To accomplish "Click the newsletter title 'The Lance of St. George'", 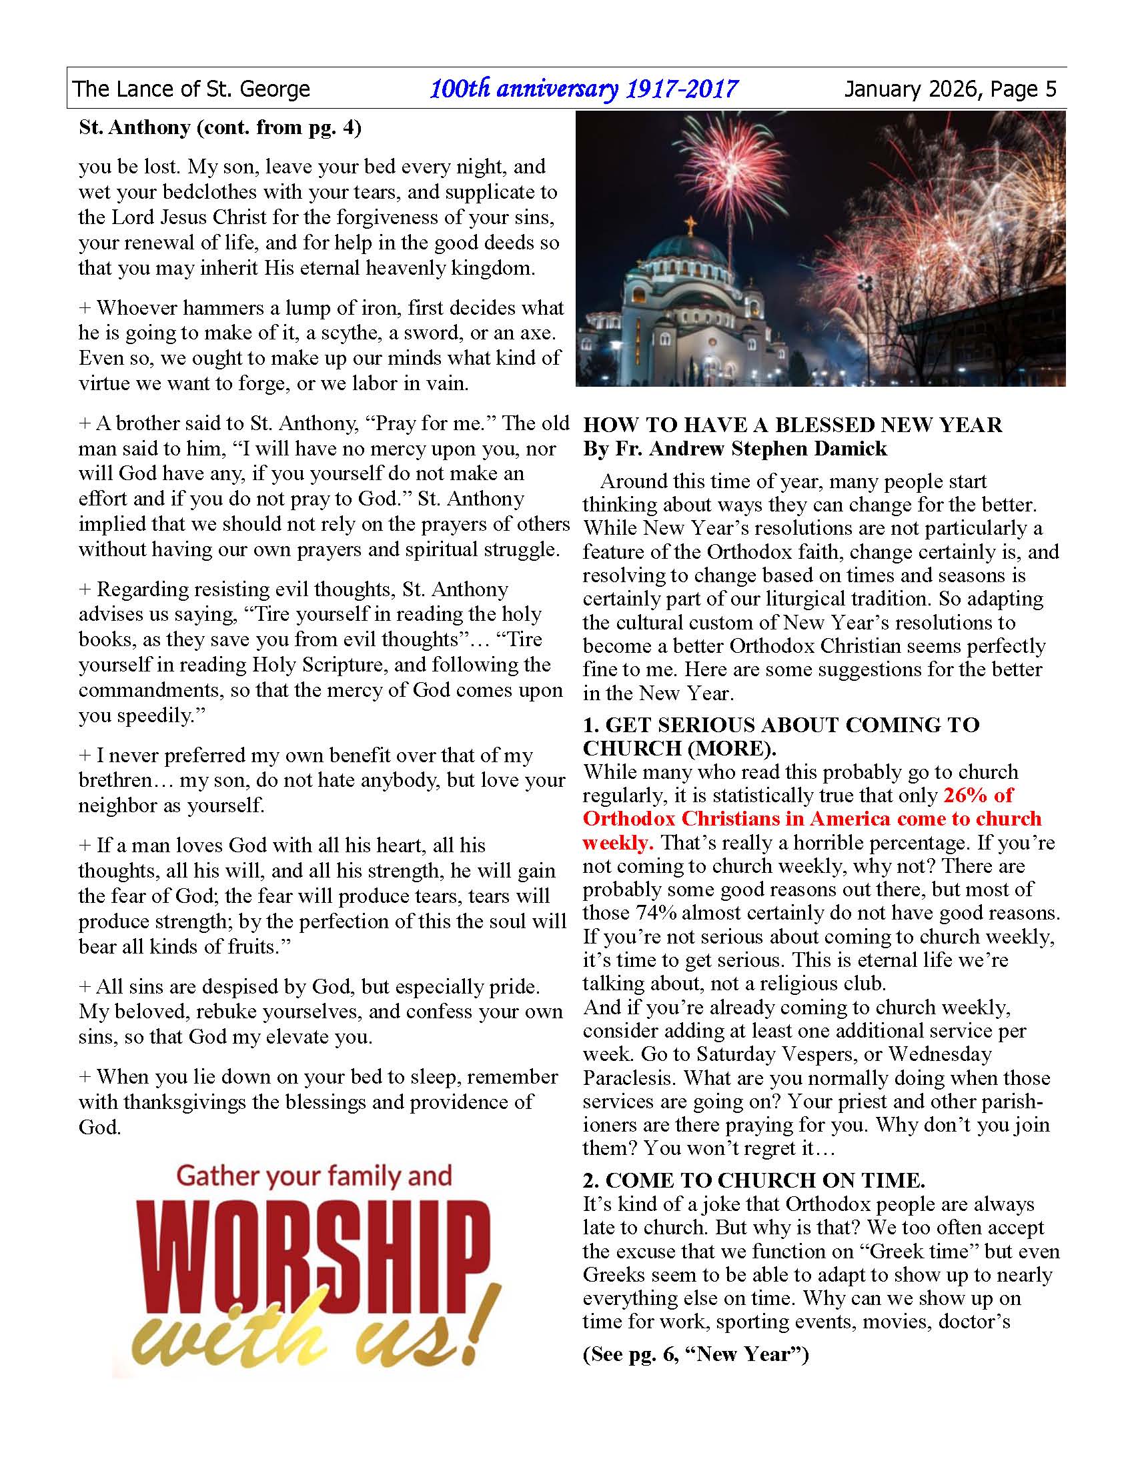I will pyautogui.click(x=191, y=89).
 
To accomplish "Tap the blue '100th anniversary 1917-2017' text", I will pyautogui.click(x=584, y=89).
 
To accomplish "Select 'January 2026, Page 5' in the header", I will pyautogui.click(x=951, y=89).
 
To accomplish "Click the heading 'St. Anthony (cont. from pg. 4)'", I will pyautogui.click(x=219, y=127).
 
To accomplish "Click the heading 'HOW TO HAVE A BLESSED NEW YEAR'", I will pyautogui.click(x=792, y=425).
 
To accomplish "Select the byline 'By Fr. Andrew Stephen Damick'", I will pyautogui.click(x=735, y=448).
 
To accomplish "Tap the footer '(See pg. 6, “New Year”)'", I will pyautogui.click(x=696, y=1354).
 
